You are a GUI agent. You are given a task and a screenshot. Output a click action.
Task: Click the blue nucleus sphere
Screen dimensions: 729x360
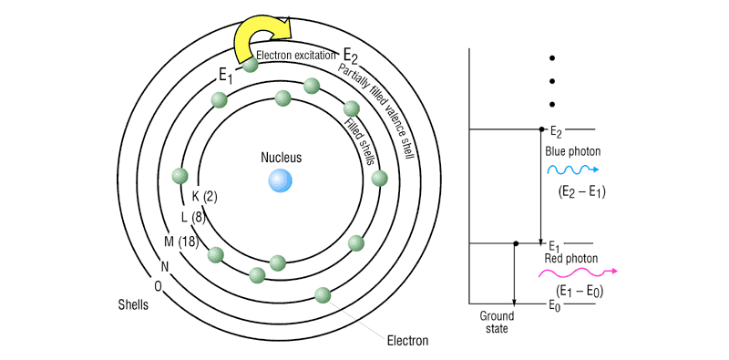280,180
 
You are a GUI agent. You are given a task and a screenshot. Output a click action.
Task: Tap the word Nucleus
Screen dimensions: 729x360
281,158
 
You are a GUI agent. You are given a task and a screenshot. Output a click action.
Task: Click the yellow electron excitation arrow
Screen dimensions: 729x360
262,38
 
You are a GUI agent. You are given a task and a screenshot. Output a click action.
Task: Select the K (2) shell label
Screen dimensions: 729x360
204,197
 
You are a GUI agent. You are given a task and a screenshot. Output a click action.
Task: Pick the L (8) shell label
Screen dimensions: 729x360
193,217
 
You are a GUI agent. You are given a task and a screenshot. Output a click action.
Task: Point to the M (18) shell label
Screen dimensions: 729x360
181,242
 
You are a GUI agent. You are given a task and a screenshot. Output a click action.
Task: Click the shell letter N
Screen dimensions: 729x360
165,266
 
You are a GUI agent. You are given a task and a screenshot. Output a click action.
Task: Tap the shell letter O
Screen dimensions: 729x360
158,286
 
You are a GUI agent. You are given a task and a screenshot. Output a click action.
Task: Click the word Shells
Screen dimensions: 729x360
133,305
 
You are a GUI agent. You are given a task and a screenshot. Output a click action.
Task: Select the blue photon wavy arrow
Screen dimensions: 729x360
573,170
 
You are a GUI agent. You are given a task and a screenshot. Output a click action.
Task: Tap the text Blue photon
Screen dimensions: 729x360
573,152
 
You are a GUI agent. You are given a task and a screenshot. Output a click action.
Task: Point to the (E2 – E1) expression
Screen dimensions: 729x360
581,192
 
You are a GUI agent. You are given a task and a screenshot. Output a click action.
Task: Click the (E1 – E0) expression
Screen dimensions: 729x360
580,291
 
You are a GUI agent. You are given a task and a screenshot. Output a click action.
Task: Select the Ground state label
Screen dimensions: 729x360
497,323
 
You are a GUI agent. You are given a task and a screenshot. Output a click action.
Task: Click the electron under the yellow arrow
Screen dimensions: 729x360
250,64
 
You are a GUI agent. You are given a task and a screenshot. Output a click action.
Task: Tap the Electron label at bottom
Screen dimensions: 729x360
407,341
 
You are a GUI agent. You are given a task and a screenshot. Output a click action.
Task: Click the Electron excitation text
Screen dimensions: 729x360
295,55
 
